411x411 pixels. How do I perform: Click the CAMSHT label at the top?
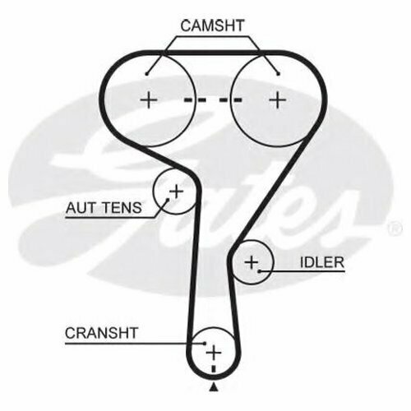coord(212,25)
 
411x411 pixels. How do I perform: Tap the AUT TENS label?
coord(104,208)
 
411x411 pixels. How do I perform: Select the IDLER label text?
coord(322,262)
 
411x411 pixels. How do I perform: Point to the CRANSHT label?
coord(101,333)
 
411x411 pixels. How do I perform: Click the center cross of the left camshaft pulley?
coord(149,100)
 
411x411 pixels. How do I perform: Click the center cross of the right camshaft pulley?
coord(278,100)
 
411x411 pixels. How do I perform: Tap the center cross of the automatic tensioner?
coord(177,192)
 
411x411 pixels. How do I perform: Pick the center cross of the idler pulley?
coord(252,262)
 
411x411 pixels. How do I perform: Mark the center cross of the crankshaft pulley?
coord(214,353)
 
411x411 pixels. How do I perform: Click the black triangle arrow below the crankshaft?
coord(214,388)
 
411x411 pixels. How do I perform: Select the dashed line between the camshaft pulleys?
coord(213,100)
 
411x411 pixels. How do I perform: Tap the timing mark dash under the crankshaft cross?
coord(214,369)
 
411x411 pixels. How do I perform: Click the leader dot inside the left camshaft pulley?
coord(147,74)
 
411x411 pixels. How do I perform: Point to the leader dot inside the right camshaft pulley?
coord(279,74)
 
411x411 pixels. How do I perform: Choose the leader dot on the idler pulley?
coord(259,271)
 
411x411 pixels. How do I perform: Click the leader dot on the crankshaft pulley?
coord(205,343)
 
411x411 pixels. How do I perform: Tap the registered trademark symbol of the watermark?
coord(395,229)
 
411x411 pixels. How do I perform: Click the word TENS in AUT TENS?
coord(122,208)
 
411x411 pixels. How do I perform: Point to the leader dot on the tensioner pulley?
coord(168,200)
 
